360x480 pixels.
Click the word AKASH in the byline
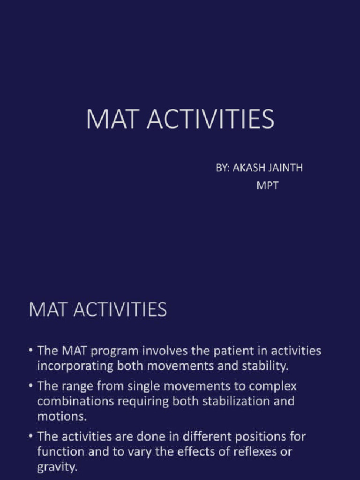(x=248, y=168)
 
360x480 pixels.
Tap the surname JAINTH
(x=284, y=168)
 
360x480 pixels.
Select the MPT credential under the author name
(x=267, y=185)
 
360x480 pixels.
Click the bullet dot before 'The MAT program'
(x=30, y=351)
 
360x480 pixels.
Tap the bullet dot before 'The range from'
(x=30, y=387)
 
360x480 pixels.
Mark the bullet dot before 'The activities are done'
(x=30, y=437)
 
